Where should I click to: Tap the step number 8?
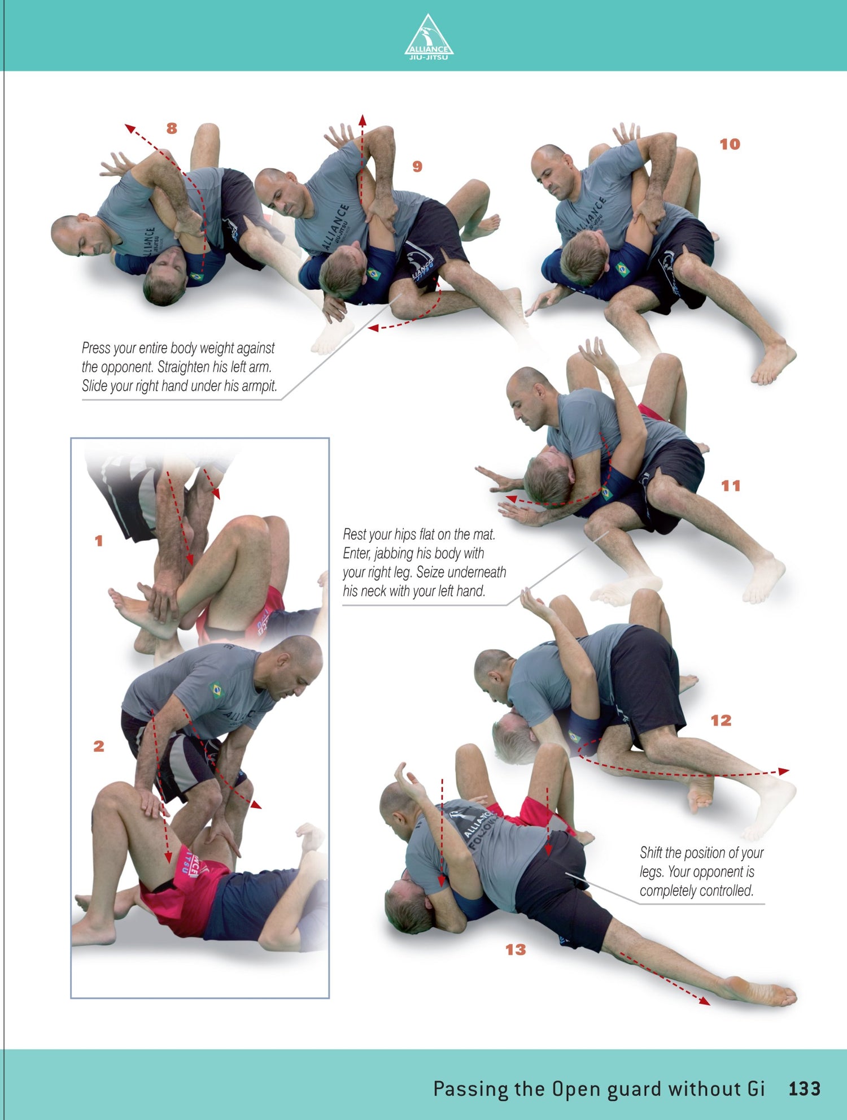pos(172,129)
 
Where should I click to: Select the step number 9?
pos(417,167)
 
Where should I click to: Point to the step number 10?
pos(730,145)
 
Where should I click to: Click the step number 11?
pos(731,486)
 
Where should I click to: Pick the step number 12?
pos(721,720)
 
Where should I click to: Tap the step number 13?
pos(516,950)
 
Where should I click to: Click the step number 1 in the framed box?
pos(99,541)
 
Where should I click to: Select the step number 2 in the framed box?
pos(99,746)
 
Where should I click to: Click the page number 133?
pos(805,1089)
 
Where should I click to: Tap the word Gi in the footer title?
pos(756,1089)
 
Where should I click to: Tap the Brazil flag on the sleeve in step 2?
pos(216,690)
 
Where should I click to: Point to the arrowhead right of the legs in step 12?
pos(784,771)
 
